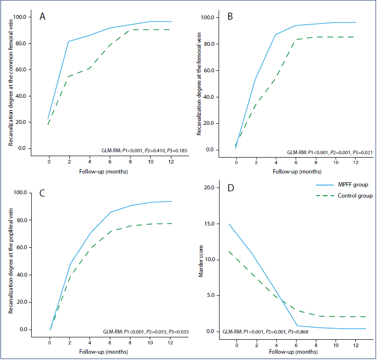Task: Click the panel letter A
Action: (42, 16)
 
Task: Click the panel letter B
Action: (230, 16)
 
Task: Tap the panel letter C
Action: (42, 193)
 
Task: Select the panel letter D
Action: (231, 188)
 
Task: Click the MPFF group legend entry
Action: (342, 185)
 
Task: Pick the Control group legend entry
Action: (344, 196)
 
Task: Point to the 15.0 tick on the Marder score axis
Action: (209, 224)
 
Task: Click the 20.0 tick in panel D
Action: (209, 187)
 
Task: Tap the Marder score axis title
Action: (201, 261)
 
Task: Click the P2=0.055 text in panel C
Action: (156, 332)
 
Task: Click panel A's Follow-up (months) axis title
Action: (104, 172)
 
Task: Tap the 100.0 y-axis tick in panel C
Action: (20, 192)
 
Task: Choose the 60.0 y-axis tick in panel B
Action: (208, 70)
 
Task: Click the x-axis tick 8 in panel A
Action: (130, 162)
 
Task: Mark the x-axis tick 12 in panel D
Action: (356, 346)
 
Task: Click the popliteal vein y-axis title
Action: (11, 261)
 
